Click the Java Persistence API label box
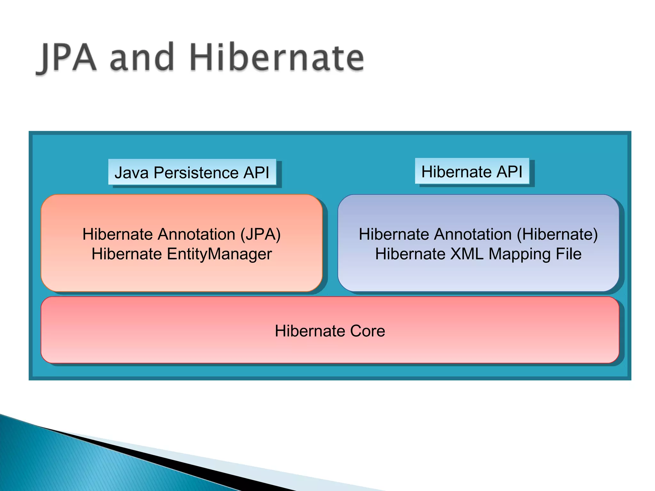(x=192, y=172)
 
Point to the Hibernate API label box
(x=472, y=171)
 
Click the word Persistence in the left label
(x=196, y=173)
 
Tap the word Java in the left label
(x=131, y=173)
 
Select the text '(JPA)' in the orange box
(x=260, y=234)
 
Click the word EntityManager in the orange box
(x=219, y=254)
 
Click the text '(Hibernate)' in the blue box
(x=557, y=234)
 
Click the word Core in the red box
(x=367, y=331)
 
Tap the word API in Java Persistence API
(x=256, y=173)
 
